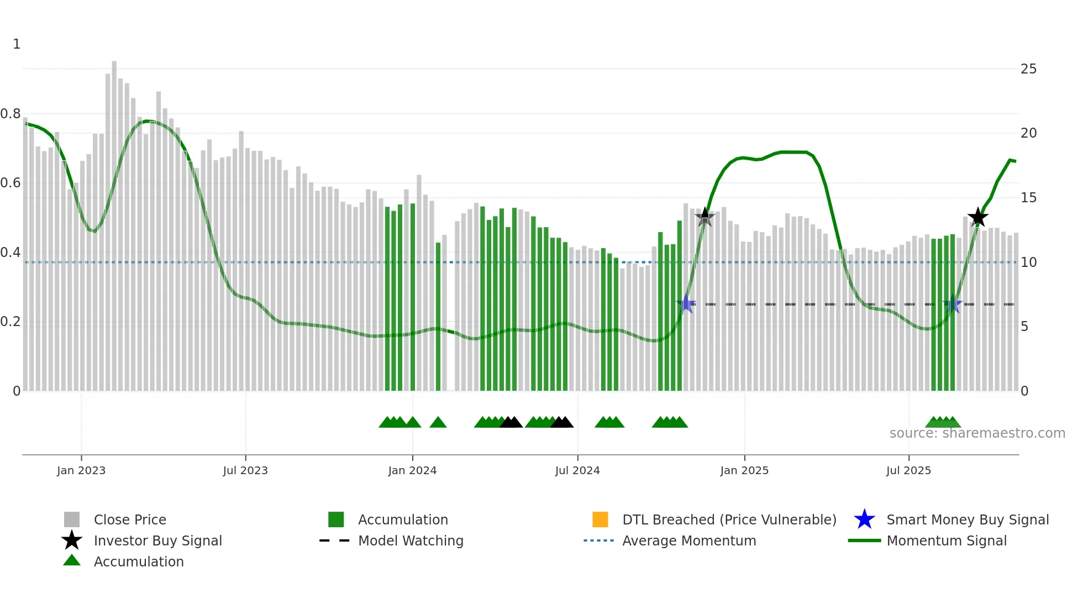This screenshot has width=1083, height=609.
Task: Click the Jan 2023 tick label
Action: click(81, 470)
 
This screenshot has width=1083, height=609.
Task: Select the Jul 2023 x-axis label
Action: click(245, 470)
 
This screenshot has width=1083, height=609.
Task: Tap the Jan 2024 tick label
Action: click(412, 470)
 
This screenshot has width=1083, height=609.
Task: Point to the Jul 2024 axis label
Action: click(577, 470)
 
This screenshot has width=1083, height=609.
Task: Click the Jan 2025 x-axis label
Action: click(744, 470)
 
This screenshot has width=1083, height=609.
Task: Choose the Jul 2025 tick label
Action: click(909, 470)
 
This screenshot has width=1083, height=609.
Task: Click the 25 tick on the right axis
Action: click(1028, 69)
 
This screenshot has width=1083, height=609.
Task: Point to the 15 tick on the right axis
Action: click(1028, 198)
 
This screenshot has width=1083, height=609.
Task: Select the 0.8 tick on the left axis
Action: click(10, 114)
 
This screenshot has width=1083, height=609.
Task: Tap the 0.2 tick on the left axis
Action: click(10, 322)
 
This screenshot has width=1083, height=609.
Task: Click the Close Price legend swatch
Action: click(72, 519)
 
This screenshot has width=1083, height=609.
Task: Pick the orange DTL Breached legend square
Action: click(600, 519)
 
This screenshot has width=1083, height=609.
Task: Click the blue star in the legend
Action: click(864, 519)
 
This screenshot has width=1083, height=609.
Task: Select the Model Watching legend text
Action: click(411, 540)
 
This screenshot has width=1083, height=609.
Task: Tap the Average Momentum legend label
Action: click(689, 540)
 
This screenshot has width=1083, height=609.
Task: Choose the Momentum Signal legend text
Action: click(947, 540)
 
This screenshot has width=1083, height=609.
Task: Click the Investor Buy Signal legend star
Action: click(72, 540)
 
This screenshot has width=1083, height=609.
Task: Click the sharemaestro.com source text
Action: click(977, 433)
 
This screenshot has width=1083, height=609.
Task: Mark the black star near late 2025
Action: click(978, 217)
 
